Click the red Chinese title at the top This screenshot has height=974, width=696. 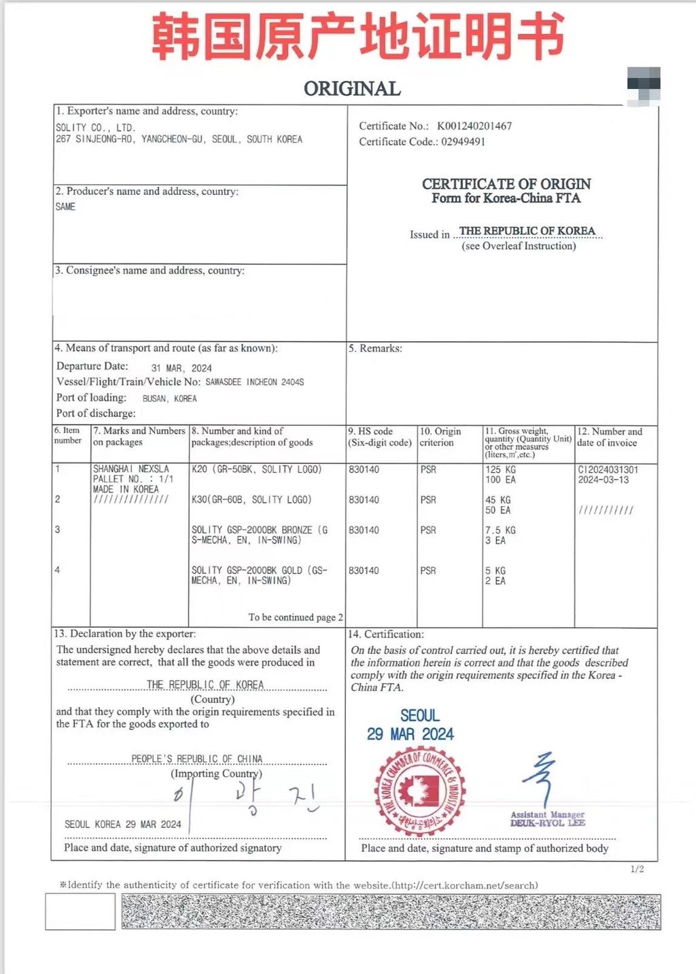tap(358, 37)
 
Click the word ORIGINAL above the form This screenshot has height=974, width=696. tap(352, 89)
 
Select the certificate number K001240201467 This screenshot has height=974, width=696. tap(474, 126)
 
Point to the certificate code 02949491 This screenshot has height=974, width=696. tap(463, 142)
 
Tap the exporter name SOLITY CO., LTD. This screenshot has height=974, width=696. tap(95, 128)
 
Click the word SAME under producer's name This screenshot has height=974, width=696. tap(65, 207)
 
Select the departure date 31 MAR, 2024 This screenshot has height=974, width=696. tap(181, 368)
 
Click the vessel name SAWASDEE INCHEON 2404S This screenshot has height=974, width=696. tap(255, 382)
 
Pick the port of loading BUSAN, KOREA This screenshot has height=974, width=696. tap(169, 399)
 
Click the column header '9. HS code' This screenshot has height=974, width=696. tap(370, 431)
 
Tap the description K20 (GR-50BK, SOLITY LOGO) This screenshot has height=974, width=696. tap(256, 469)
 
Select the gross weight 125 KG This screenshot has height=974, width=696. tap(500, 469)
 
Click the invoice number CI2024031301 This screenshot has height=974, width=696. tap(608, 469)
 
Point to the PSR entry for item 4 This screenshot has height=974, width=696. tap(428, 571)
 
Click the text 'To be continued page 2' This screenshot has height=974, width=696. tap(295, 617)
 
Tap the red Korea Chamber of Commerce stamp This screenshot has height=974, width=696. tap(419, 792)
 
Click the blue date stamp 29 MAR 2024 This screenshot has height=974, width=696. tap(411, 734)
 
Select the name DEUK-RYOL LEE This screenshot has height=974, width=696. tap(547, 823)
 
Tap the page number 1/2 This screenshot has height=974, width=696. tap(637, 869)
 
